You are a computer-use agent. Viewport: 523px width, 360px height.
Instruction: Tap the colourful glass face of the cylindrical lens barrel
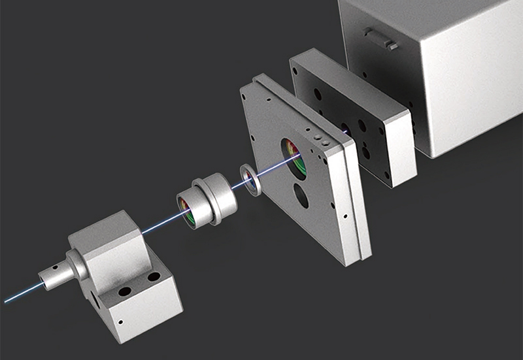188,211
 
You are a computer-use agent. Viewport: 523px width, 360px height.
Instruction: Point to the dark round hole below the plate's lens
301,195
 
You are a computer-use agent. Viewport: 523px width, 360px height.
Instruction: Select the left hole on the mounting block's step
124,290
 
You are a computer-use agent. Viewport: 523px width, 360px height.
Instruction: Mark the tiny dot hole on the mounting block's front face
120,321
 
